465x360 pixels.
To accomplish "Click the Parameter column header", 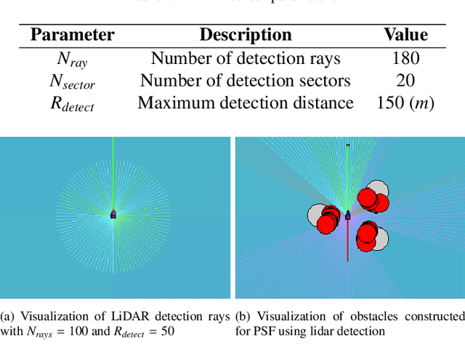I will (x=72, y=34).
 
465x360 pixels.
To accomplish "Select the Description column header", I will (x=246, y=34).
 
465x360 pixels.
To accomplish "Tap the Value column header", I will (x=405, y=34).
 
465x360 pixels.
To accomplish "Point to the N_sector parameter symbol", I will (x=72, y=81).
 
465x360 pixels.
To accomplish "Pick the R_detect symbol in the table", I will (x=72, y=104).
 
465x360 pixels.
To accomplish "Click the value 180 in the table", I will (x=405, y=57).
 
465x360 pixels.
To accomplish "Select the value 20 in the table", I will (x=405, y=80).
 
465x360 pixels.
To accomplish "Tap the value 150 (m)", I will (x=405, y=103).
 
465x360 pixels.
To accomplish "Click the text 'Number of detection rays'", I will (x=246, y=57).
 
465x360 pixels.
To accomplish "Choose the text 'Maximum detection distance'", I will (x=246, y=103).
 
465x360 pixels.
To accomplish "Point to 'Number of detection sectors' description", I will (x=246, y=80).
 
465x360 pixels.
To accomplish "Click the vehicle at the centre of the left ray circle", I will (x=113, y=215).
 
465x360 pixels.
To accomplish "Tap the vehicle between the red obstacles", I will (x=348, y=215).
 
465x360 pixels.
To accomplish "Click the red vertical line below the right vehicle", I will (x=348, y=244).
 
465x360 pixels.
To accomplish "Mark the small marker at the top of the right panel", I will (x=348, y=145).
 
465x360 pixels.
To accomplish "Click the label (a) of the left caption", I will (x=7, y=316).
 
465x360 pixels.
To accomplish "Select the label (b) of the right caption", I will (x=243, y=316).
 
